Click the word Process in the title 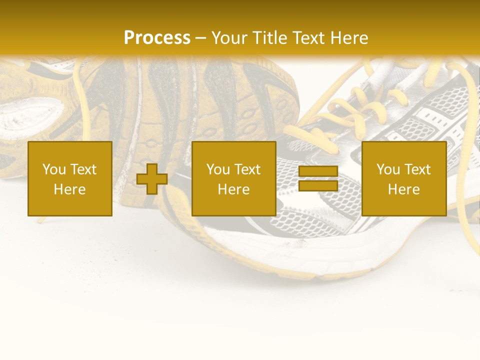tap(157, 38)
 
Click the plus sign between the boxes tap(152, 178)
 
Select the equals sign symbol tap(318, 178)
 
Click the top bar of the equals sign tap(318, 171)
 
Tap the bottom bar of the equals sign tap(318, 186)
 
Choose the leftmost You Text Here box tap(70, 178)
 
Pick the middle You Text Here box tap(233, 178)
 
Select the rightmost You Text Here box tap(403, 178)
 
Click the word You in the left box tap(54, 169)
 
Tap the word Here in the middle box tap(233, 189)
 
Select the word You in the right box tap(388, 169)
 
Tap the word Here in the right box tap(403, 189)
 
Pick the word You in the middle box tap(218, 169)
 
